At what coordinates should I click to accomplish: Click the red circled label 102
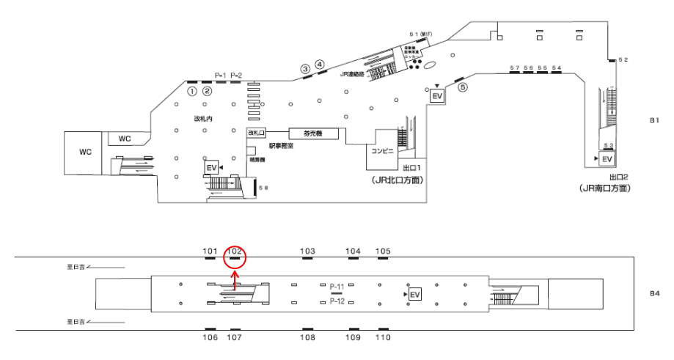[235, 251]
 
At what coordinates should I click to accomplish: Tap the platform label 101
[210, 251]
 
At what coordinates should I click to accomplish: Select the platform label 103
[307, 251]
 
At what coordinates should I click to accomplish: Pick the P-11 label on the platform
[337, 285]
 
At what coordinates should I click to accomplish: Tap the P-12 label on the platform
[337, 301]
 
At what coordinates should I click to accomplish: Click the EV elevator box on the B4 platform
[415, 294]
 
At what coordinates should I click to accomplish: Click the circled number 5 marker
[462, 87]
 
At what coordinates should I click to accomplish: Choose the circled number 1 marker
[192, 92]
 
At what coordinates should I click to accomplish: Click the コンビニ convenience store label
[384, 150]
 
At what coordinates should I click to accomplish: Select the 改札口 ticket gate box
[254, 133]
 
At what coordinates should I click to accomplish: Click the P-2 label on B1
[236, 75]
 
